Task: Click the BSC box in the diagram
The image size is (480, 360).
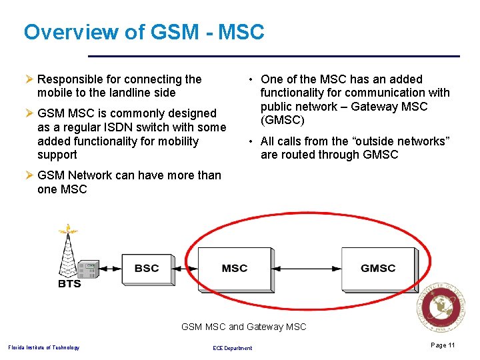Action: pyautogui.click(x=147, y=268)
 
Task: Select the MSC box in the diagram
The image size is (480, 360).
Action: pyautogui.click(x=234, y=268)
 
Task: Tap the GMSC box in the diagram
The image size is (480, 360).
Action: pyautogui.click(x=378, y=268)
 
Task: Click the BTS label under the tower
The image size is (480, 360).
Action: pyautogui.click(x=69, y=283)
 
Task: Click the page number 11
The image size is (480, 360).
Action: pyautogui.click(x=443, y=345)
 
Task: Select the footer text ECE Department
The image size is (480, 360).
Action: pyautogui.click(x=232, y=348)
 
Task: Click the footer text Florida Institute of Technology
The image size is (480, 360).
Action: pyautogui.click(x=43, y=347)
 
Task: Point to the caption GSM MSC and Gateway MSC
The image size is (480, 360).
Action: pyautogui.click(x=244, y=327)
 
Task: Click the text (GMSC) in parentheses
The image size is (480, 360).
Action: pyautogui.click(x=282, y=121)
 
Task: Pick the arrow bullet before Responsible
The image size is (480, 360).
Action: pyautogui.click(x=29, y=79)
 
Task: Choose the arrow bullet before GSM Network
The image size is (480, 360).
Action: pyautogui.click(x=29, y=175)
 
